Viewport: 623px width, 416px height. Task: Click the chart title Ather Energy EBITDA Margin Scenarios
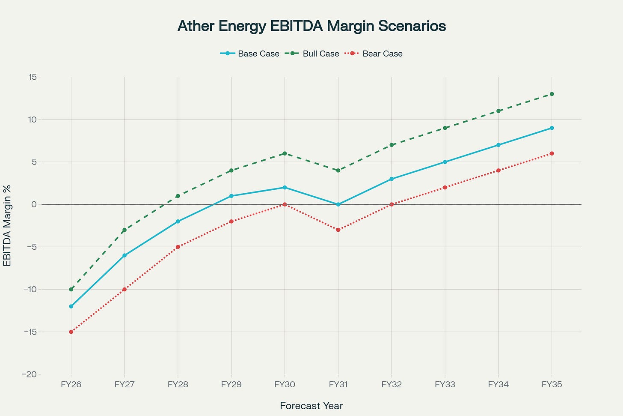311,26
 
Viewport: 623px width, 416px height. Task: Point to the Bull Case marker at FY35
552,94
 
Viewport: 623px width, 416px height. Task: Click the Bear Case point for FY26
71,332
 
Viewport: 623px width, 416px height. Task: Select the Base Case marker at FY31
338,204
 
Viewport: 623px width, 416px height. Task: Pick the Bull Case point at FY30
285,153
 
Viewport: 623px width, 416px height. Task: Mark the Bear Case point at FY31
338,230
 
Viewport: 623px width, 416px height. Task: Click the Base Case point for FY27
125,255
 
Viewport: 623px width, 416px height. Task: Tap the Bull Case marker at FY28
178,196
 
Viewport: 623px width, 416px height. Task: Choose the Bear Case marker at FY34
498,171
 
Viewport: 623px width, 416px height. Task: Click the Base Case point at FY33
445,162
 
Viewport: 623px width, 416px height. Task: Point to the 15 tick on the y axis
33,77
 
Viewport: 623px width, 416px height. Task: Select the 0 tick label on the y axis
34,204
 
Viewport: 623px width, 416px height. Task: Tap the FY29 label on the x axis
231,385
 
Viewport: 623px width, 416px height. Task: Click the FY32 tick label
392,385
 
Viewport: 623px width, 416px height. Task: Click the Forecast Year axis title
311,406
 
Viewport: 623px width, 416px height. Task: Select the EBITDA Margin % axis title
7,225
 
